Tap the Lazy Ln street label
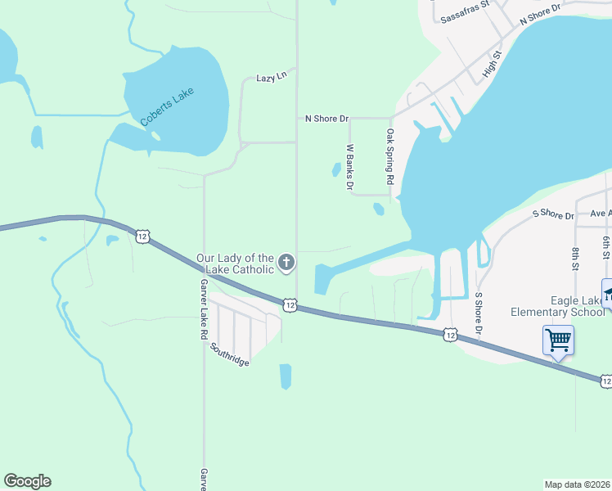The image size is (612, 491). click(271, 76)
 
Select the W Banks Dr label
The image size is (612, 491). click(350, 168)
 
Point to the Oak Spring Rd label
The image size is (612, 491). click(391, 156)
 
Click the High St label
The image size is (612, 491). click(491, 63)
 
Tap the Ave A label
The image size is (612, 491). click(601, 214)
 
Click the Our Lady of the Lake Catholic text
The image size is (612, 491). click(235, 264)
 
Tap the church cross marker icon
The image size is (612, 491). click(286, 263)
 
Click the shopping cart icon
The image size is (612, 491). click(558, 339)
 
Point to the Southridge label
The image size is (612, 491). click(229, 354)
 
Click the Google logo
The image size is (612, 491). click(27, 481)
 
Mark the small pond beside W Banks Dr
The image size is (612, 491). click(335, 170)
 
